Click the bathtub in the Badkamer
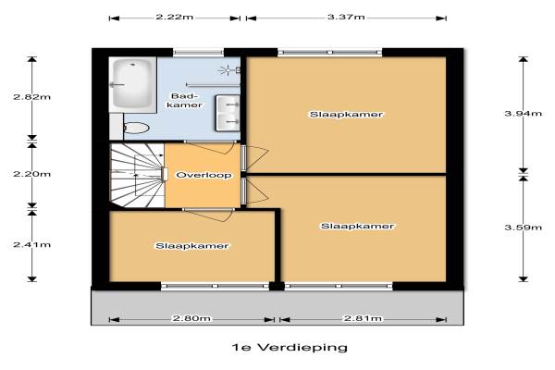(132, 85)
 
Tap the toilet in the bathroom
(135, 128)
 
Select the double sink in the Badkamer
(228, 113)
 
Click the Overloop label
(203, 175)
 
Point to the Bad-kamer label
(184, 101)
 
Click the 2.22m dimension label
(175, 17)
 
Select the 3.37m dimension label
(346, 17)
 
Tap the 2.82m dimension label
(31, 96)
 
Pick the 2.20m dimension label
(31, 174)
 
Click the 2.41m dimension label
(31, 244)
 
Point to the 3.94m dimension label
(524, 113)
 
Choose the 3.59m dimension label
(524, 227)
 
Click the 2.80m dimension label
(191, 318)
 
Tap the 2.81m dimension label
(364, 318)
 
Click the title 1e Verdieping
(290, 348)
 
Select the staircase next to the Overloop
(137, 175)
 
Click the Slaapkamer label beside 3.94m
(346, 115)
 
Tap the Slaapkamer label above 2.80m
(191, 246)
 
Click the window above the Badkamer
(198, 53)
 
